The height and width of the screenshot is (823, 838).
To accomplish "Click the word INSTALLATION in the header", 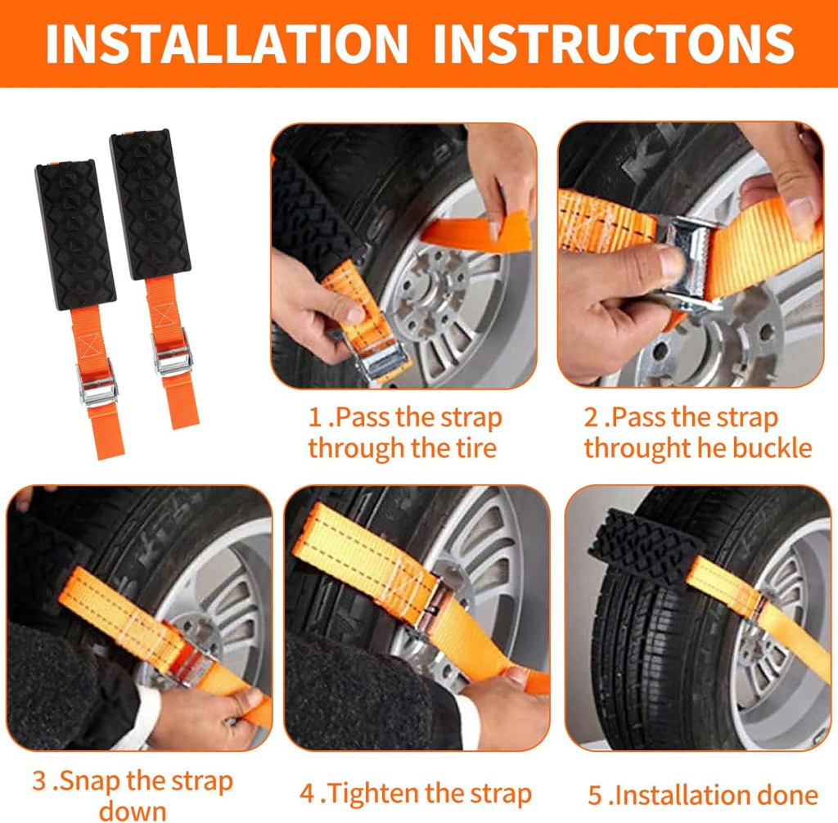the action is coord(227,44).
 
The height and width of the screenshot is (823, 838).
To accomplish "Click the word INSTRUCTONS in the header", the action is coord(614,44).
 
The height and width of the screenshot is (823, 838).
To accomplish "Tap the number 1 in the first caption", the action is coord(315,417).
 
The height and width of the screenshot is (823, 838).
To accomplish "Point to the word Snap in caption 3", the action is coord(87,781).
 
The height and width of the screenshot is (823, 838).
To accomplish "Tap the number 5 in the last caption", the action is coord(595,795).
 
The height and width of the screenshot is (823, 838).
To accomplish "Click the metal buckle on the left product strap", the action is coord(97,384).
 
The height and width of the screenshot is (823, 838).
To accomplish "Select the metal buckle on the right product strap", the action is coord(172,353).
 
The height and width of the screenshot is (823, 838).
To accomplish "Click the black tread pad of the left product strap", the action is coord(75,235).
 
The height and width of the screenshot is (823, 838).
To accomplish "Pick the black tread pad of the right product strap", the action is coord(151,205).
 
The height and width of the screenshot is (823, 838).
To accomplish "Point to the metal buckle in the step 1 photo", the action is coord(381,359).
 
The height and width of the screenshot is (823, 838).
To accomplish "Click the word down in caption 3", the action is coord(133,811).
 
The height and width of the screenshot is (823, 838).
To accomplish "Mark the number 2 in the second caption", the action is coord(591,417).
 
